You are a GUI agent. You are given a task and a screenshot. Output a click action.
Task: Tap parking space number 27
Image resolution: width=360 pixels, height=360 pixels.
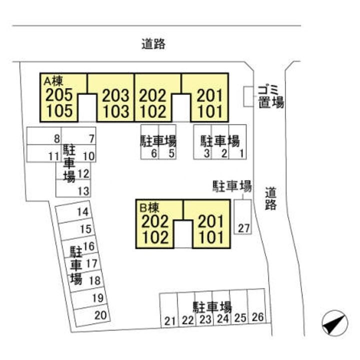(243, 228)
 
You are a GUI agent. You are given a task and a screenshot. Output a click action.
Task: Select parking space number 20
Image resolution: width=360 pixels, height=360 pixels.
(100, 315)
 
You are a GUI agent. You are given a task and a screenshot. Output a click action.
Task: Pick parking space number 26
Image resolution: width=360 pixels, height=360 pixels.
(258, 316)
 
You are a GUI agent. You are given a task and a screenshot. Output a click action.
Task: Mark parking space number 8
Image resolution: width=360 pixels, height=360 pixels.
(57, 138)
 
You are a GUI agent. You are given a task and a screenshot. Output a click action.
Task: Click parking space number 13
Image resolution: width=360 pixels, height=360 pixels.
(83, 190)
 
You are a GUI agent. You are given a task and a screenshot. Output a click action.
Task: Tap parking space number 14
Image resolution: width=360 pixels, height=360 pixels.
(83, 211)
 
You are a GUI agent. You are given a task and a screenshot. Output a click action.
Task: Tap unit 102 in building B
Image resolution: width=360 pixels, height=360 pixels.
(155, 236)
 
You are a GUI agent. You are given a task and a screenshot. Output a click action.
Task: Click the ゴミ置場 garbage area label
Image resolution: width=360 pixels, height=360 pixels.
(270, 96)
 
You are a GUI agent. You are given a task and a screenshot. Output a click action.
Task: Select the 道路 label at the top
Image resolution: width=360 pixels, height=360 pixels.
(153, 44)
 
